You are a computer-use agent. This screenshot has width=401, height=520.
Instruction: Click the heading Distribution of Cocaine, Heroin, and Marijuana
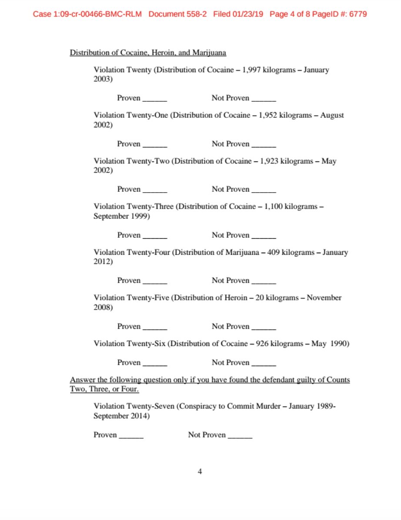click(x=148, y=53)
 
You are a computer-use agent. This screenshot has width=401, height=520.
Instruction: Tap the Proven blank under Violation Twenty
click(x=155, y=99)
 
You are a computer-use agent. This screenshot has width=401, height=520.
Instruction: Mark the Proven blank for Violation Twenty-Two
click(x=155, y=190)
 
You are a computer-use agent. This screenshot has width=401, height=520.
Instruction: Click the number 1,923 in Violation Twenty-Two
click(x=269, y=161)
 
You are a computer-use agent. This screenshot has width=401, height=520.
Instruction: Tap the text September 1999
click(x=121, y=217)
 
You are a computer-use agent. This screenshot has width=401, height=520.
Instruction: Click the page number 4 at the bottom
click(x=200, y=472)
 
